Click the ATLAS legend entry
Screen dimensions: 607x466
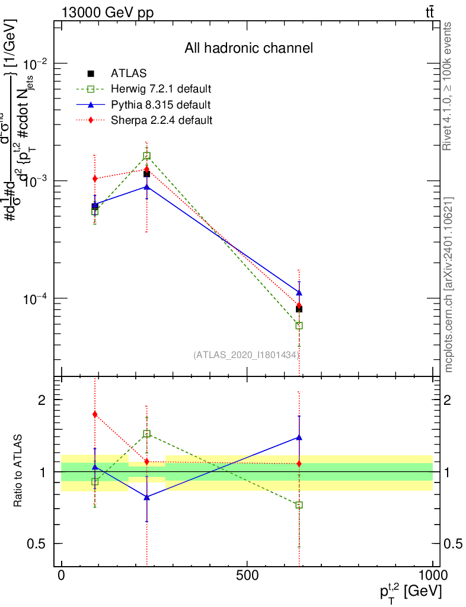(x=128, y=74)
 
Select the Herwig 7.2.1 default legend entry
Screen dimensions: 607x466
(x=161, y=90)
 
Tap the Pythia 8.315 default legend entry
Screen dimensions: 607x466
(x=160, y=105)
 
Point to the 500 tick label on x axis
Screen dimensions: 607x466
(x=246, y=576)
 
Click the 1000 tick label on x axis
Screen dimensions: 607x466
(x=432, y=576)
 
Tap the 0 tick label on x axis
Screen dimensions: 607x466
(x=62, y=576)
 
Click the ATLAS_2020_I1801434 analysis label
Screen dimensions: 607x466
(x=245, y=354)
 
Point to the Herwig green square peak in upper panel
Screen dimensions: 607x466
(x=146, y=156)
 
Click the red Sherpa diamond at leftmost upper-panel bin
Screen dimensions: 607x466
(x=95, y=178)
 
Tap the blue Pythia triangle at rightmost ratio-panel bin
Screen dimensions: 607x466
(x=299, y=437)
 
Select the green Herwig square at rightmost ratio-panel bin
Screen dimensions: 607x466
(x=299, y=505)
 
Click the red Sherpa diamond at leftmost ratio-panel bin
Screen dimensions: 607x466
(x=95, y=414)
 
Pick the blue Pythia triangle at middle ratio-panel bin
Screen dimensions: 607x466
(x=146, y=497)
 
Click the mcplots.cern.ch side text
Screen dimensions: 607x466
(x=449, y=285)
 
